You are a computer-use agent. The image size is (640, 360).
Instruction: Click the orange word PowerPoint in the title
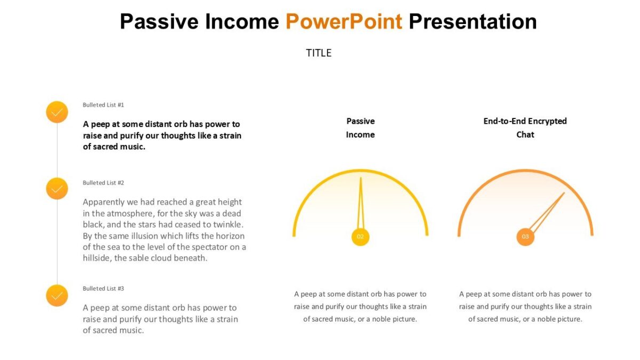click(343, 22)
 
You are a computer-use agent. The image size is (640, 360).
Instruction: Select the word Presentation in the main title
click(473, 22)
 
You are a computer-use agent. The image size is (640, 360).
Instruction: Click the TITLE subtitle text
click(319, 53)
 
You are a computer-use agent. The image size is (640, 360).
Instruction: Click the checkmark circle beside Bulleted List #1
click(57, 112)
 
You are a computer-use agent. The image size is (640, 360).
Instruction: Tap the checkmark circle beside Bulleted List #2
click(57, 188)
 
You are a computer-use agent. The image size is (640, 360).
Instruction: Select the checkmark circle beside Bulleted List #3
click(57, 295)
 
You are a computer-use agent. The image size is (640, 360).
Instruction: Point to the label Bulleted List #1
click(103, 105)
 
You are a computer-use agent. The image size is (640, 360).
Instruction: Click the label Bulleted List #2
click(103, 183)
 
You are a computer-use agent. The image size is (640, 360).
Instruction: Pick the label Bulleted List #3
click(103, 289)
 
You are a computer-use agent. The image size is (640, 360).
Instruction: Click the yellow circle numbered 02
click(361, 237)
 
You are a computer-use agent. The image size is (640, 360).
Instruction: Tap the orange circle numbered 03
click(525, 237)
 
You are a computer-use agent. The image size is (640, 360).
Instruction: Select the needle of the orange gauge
click(547, 212)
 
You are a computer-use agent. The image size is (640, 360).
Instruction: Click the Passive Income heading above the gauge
click(361, 128)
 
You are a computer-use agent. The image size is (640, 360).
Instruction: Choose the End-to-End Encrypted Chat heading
click(525, 128)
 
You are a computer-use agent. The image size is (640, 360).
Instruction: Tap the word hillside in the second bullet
click(97, 258)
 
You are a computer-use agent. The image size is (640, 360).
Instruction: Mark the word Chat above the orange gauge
click(525, 135)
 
